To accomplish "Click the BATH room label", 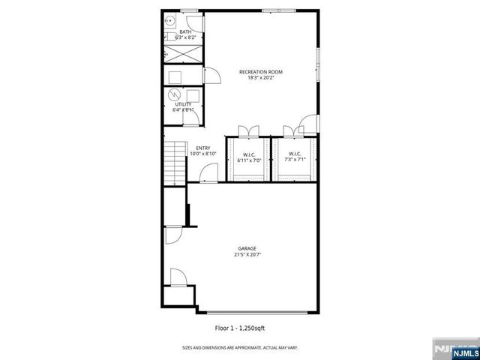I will tap(185, 31).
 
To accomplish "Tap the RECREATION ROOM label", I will tap(261, 72).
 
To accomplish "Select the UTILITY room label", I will tap(183, 104).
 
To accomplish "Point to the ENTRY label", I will tap(202, 148).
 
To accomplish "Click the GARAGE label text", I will tap(247, 248).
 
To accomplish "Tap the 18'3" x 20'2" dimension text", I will tap(261, 78).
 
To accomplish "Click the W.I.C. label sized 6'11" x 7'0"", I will tap(249, 155).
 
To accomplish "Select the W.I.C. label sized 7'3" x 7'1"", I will tap(292, 155).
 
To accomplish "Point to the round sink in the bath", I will tap(170, 22).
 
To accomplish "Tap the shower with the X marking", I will tap(181, 54).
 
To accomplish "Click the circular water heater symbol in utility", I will tap(174, 95).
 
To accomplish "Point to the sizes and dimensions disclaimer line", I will tap(239, 347).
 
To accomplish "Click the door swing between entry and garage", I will tap(205, 176).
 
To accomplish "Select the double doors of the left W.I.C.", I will tap(247, 130).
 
